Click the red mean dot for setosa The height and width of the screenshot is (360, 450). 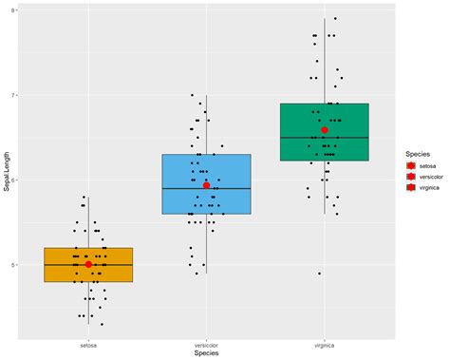point(88,264)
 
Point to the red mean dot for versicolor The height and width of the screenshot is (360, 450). point(206,185)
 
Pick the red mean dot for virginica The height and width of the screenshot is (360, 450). point(324,129)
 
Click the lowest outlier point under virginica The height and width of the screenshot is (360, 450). point(319,274)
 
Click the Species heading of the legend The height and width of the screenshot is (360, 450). point(419,153)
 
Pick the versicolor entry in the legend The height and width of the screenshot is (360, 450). point(428,176)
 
